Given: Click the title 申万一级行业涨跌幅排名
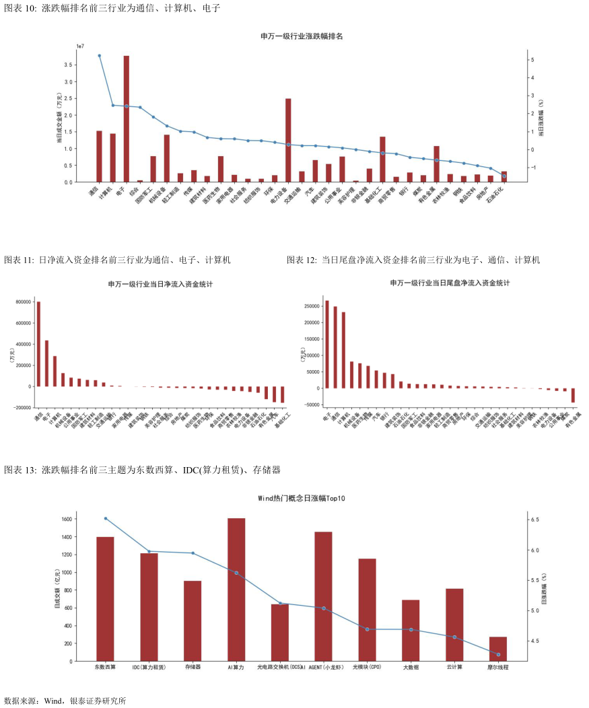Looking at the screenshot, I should pyautogui.click(x=302, y=36).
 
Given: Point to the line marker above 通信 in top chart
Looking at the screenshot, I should pyautogui.click(x=99, y=56).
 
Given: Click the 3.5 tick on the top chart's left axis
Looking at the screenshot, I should pyautogui.click(x=69, y=65).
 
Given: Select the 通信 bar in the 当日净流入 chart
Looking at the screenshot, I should pyautogui.click(x=38, y=344).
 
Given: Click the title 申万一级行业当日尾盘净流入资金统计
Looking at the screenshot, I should pyautogui.click(x=450, y=283).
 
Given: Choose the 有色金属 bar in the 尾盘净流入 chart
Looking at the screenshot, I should pyautogui.click(x=573, y=395).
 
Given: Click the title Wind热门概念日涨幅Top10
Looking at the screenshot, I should pyautogui.click(x=302, y=499).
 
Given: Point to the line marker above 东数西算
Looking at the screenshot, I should pyautogui.click(x=106, y=518).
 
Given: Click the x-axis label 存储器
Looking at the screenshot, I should pyautogui.click(x=193, y=668).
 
